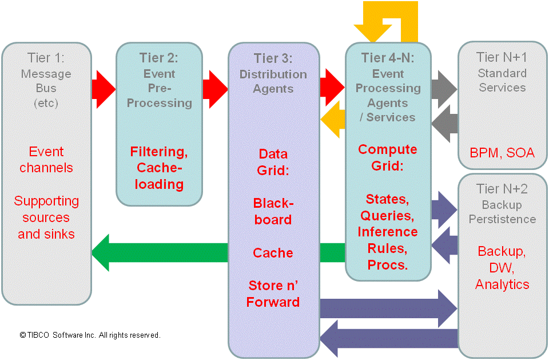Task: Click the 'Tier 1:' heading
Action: tap(46, 58)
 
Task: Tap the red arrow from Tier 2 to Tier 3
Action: tap(215, 89)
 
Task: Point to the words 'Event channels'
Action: tap(46, 160)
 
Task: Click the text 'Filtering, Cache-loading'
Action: tap(159, 168)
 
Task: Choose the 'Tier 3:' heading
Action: tap(273, 58)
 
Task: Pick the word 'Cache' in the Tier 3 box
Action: tap(273, 253)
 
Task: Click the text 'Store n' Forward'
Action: tap(273, 294)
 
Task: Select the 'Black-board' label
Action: tap(273, 211)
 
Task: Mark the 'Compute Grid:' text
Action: tap(388, 157)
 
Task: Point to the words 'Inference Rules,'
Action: tap(388, 240)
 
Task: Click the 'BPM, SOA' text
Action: tap(502, 153)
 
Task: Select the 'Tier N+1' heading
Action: tap(502, 58)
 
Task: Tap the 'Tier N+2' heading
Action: tap(502, 189)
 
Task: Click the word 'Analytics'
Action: tap(502, 284)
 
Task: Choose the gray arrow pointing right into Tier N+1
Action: tap(444, 89)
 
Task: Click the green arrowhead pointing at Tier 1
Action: tap(103, 252)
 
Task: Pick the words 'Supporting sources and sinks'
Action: tap(46, 217)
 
